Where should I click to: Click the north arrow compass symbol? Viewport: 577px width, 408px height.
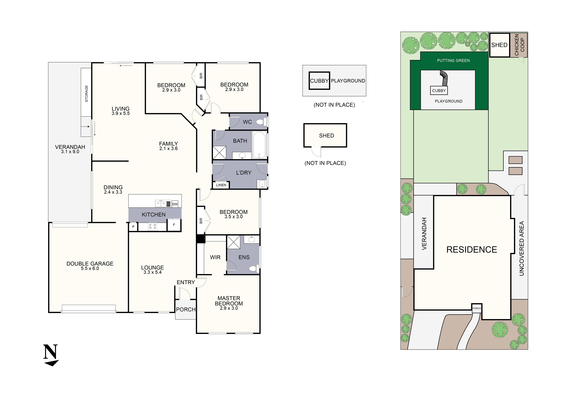pos(51,355)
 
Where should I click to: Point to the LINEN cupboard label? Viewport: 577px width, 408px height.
pos(221,185)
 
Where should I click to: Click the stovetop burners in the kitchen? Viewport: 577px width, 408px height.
pos(153,226)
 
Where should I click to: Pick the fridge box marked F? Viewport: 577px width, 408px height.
pos(174,225)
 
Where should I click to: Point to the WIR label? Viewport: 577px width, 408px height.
pos(215,257)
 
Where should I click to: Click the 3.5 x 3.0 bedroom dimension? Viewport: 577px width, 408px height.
pos(233,217)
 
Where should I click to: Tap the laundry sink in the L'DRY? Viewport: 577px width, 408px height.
pos(262,184)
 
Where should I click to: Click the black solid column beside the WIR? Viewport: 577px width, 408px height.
pos(201,239)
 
